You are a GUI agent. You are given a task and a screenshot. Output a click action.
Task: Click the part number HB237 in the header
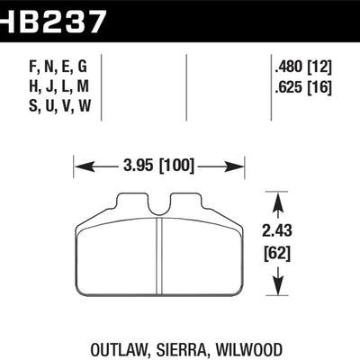(x=54, y=18)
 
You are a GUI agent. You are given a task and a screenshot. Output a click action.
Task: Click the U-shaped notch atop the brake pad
(x=158, y=209)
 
